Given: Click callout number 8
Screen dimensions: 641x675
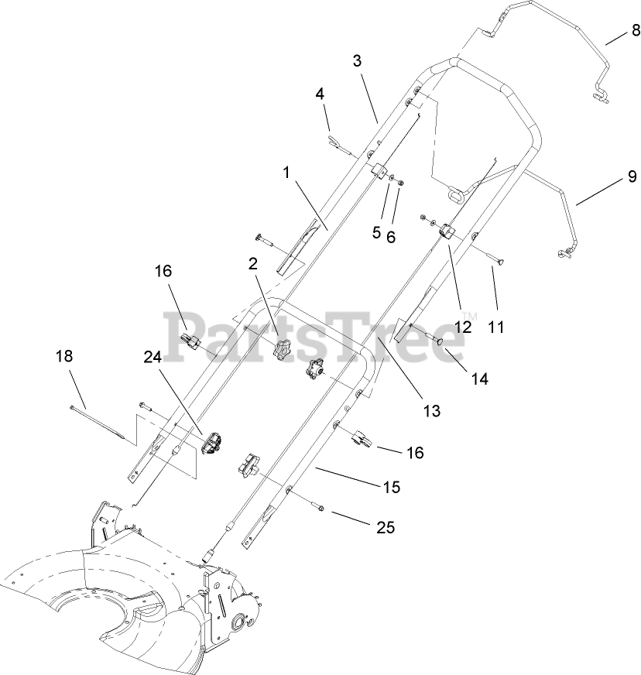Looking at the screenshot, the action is [x=634, y=31].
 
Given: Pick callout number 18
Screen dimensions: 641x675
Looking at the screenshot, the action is [x=66, y=356].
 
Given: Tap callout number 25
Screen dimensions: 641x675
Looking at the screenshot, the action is [x=386, y=528].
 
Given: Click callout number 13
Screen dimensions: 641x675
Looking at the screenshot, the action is [x=431, y=411].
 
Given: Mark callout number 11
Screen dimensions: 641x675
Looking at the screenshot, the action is [x=495, y=327].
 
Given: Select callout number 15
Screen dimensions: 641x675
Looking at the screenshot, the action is [x=392, y=487].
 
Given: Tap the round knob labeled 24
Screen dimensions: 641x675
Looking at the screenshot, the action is [x=212, y=444].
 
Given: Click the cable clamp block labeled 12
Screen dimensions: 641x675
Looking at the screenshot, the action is [x=447, y=231].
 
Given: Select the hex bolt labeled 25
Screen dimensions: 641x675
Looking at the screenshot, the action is [x=320, y=508].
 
